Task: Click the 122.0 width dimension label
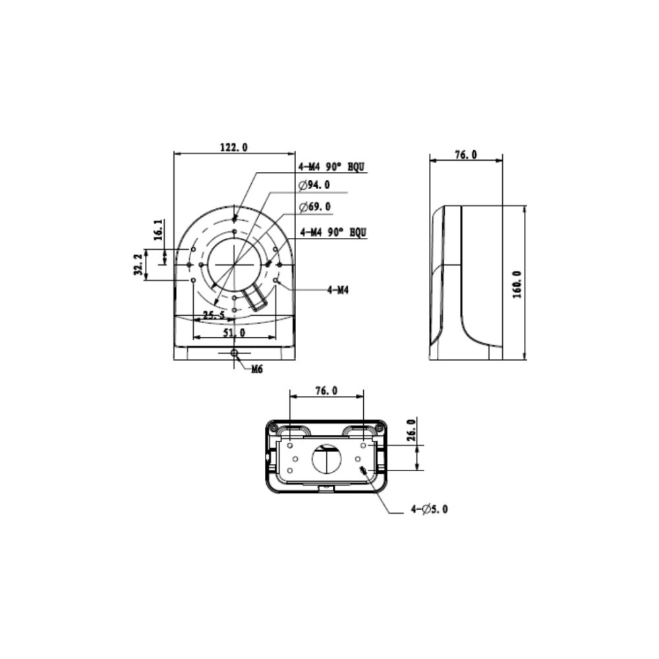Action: (234, 147)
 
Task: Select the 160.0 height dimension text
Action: (517, 285)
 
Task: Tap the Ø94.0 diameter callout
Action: (314, 185)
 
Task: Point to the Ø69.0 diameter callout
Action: (314, 207)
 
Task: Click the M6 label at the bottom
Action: (257, 370)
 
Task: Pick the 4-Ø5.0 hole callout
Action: (429, 509)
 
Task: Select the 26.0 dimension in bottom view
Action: (411, 430)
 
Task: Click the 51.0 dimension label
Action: (234, 332)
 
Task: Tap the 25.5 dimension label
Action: (214, 315)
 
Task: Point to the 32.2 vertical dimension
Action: (138, 264)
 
